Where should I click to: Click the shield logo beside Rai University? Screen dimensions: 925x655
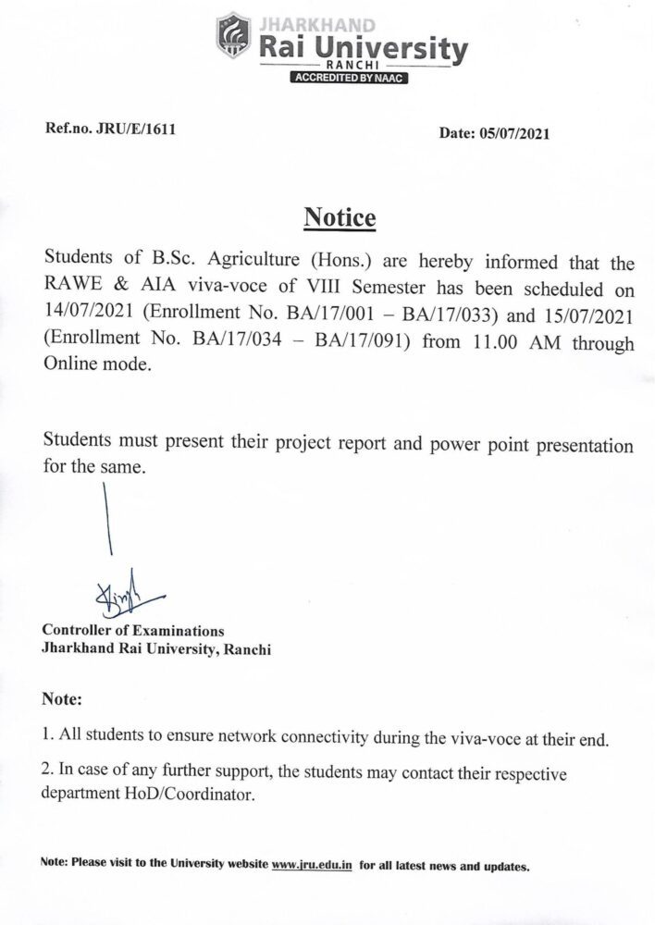(232, 42)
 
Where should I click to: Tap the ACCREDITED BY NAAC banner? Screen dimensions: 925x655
(349, 79)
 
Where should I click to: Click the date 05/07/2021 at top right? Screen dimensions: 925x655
(513, 133)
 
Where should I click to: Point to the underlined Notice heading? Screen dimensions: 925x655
(340, 219)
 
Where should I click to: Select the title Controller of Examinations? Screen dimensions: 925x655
(120, 631)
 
